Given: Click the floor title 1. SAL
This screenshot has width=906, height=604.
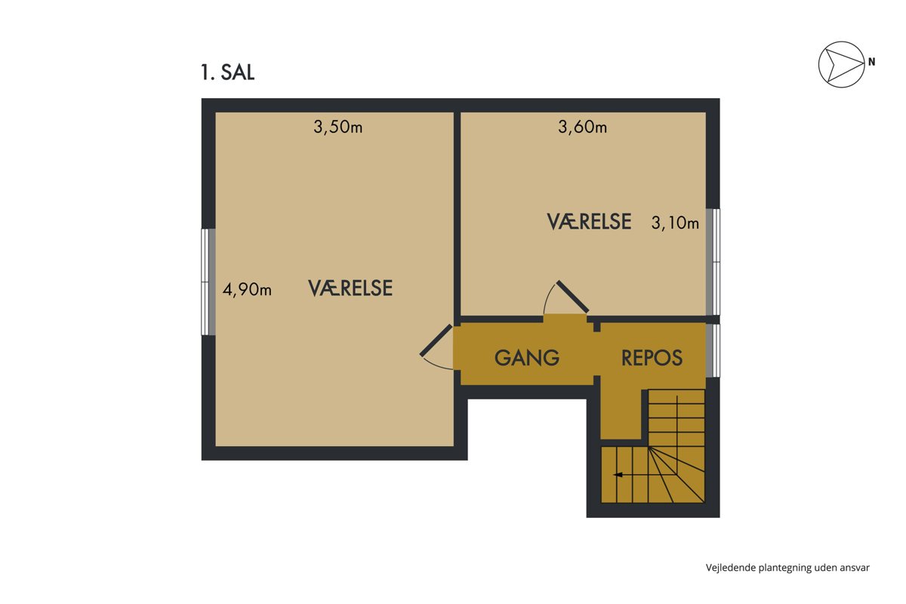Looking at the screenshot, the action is (x=228, y=72).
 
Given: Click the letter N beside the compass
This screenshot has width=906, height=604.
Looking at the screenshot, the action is (x=871, y=62).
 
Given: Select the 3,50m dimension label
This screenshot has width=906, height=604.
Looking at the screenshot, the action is (x=337, y=127).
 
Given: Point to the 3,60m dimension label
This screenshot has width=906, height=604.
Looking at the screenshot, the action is (x=582, y=127).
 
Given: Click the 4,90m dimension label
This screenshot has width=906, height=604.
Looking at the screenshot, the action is (x=247, y=290).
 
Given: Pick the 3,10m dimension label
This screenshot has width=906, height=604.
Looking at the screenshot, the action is (x=675, y=223).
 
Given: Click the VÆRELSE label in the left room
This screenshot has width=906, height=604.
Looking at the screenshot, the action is (x=350, y=288).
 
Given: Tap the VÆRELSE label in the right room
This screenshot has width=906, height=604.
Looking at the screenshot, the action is (x=590, y=222).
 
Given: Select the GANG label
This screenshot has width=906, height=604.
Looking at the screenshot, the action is (x=527, y=358).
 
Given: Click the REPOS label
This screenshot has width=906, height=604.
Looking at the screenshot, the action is (x=652, y=358).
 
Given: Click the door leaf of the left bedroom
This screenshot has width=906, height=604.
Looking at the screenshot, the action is (x=436, y=341).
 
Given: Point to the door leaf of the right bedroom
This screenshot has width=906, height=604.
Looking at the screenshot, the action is (x=572, y=297).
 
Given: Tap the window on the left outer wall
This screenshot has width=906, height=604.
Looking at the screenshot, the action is (x=208, y=282).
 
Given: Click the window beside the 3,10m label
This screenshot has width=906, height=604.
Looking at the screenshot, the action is (x=713, y=262).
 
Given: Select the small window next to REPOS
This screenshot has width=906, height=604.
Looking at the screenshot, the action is (x=713, y=350).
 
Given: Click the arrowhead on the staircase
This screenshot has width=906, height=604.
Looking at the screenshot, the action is (x=618, y=475).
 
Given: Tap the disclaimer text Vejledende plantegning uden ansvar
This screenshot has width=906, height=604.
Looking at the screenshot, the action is (x=787, y=568).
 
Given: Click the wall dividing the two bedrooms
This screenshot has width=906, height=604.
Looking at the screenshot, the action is (x=457, y=214).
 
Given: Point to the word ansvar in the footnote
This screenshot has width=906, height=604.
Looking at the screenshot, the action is (x=855, y=568).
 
